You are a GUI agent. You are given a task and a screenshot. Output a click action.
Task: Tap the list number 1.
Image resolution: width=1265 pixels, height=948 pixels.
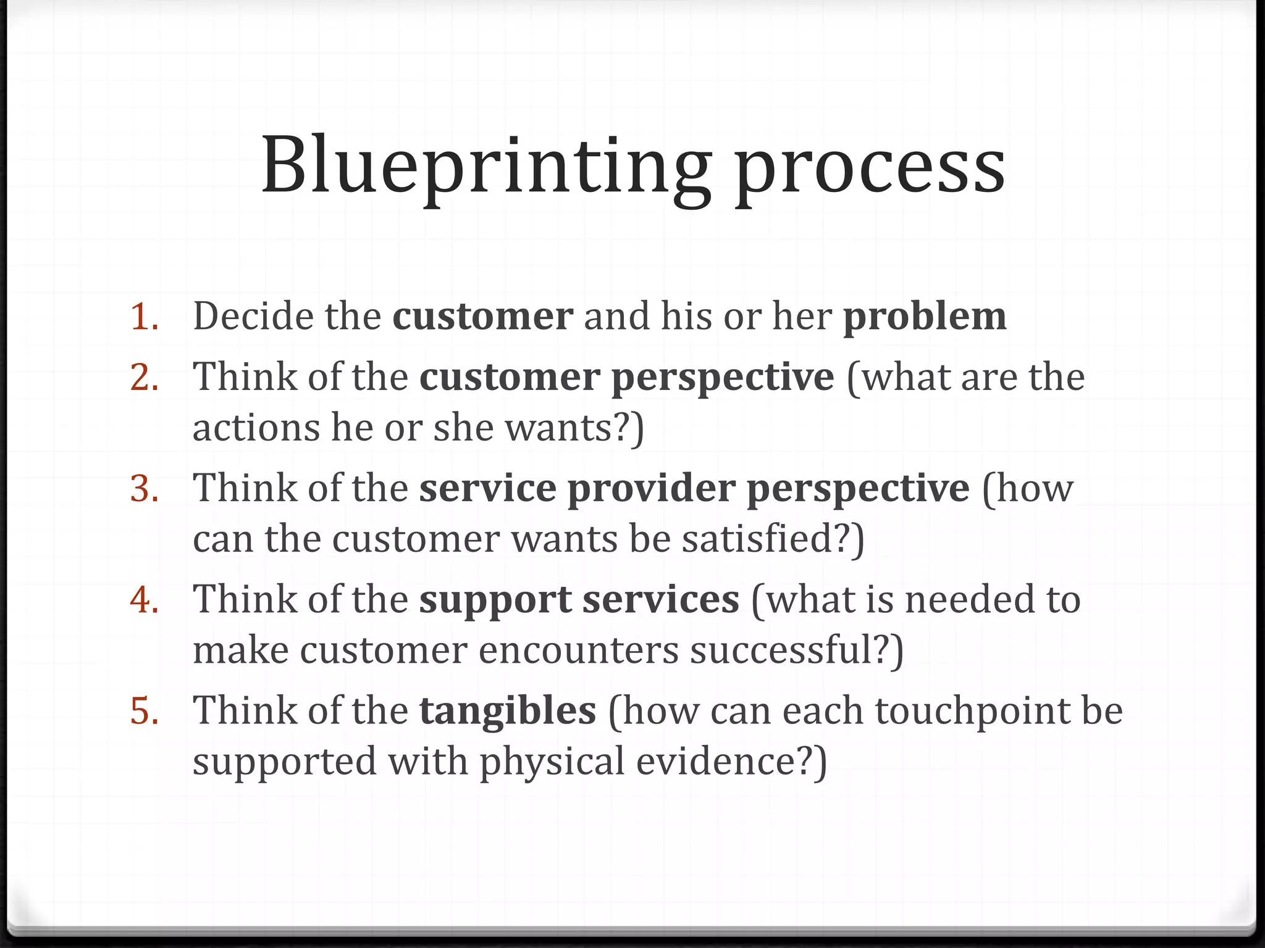144,317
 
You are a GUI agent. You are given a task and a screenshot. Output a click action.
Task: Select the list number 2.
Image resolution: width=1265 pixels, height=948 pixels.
144,377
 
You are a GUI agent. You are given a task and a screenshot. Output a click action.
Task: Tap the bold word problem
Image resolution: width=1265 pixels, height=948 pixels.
925,317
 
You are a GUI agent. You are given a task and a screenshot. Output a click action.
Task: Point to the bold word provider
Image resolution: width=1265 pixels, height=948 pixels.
651,489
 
